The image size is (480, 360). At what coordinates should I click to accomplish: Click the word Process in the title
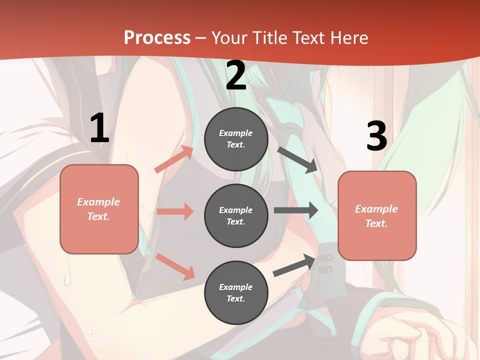(157, 38)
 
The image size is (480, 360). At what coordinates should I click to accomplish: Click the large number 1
(99, 128)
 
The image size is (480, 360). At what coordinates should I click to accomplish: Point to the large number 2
(236, 76)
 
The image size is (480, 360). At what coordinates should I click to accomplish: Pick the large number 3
(376, 136)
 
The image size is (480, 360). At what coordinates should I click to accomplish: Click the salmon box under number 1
(99, 209)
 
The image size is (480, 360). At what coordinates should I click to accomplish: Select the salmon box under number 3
(377, 215)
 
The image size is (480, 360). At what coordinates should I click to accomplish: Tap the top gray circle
(236, 139)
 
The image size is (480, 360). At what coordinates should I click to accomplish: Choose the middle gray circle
(236, 215)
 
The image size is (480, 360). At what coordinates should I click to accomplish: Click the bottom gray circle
(236, 292)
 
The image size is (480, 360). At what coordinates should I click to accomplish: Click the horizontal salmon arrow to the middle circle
(175, 211)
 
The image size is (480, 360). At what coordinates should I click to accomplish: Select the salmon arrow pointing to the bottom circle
(175, 266)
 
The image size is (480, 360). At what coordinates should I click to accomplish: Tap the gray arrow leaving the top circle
(297, 160)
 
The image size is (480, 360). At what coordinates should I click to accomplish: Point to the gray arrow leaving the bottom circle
(294, 265)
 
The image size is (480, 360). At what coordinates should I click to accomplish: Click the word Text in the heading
(307, 38)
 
